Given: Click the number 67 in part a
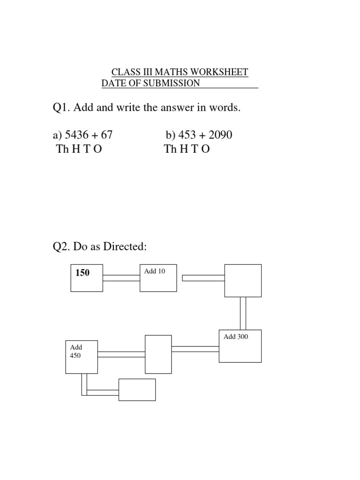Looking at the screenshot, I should (107, 135).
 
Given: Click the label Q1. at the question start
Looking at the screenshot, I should (61, 108).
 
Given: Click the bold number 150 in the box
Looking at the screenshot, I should (82, 273).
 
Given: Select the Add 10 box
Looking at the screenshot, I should (158, 277).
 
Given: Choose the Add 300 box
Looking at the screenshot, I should (240, 346).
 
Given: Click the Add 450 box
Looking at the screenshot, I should (82, 357).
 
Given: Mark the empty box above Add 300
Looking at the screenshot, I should (243, 280).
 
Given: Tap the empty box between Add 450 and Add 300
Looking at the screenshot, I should (158, 353).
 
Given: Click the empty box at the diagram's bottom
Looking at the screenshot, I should (137, 390).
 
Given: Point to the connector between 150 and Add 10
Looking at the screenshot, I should (121, 278).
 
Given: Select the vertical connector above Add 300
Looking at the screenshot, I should (243, 313).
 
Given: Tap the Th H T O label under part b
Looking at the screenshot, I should (187, 150).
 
